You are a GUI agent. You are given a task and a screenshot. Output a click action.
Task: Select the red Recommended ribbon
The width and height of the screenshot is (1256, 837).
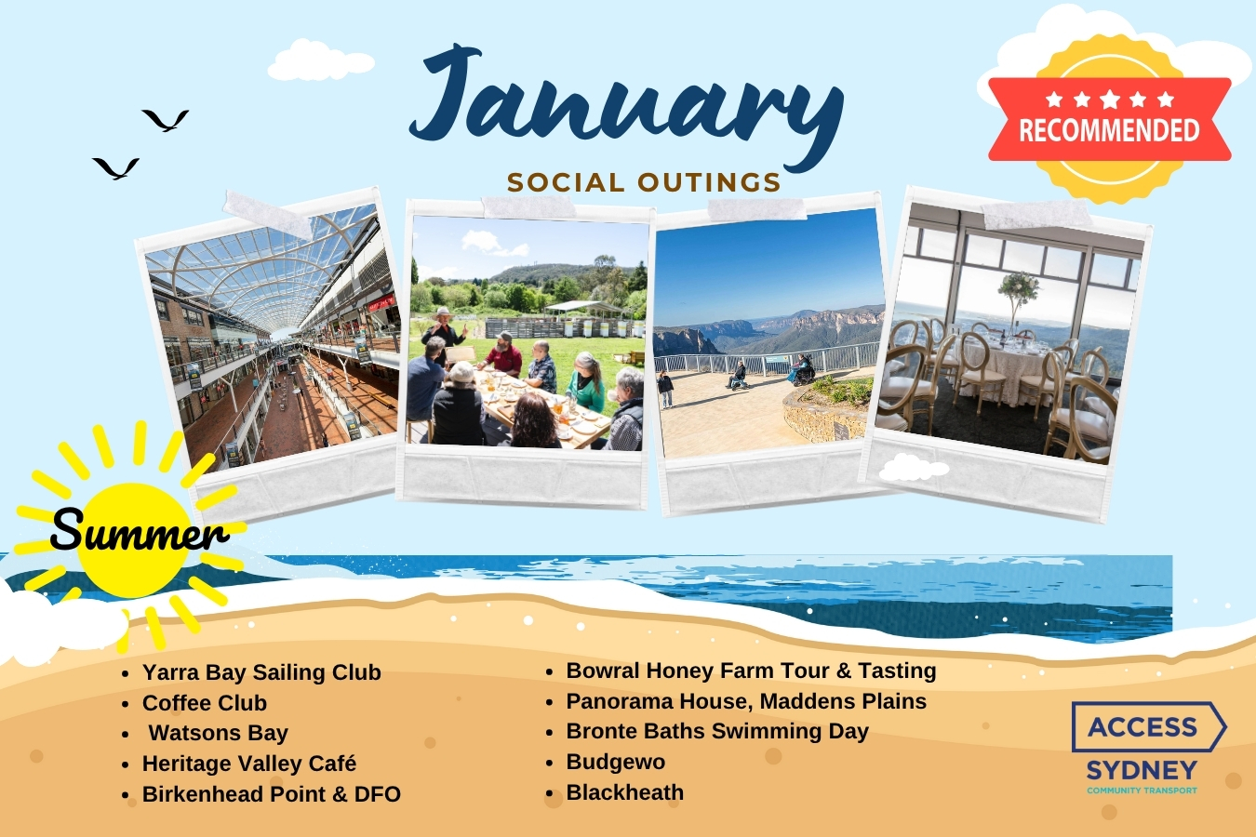click(x=1110, y=119)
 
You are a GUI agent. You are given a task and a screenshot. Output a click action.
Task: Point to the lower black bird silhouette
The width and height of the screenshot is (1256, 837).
click(x=116, y=168)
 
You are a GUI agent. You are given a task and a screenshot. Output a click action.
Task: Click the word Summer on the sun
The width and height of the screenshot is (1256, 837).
click(x=140, y=529)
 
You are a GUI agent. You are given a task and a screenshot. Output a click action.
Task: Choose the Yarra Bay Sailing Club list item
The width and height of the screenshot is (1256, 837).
click(x=261, y=672)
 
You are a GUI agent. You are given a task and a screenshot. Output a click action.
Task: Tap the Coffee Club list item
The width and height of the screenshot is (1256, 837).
click(x=204, y=703)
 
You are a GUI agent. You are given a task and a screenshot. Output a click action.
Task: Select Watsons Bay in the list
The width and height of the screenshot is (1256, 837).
click(x=218, y=733)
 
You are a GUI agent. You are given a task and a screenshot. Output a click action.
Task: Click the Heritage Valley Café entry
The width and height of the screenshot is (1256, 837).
click(x=249, y=764)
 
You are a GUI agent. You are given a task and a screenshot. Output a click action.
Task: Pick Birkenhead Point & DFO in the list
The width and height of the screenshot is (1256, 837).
click(x=272, y=794)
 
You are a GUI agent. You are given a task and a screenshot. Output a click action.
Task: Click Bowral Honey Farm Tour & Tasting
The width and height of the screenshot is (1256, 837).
click(x=751, y=671)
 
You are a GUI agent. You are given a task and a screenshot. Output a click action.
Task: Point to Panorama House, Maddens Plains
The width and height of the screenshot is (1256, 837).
click(x=746, y=701)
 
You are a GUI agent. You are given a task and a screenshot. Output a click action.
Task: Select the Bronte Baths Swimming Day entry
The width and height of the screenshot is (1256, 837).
click(x=717, y=732)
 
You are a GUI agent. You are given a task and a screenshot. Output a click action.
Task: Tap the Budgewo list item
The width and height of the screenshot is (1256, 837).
click(x=615, y=762)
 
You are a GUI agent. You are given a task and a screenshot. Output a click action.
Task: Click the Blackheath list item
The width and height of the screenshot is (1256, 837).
click(x=624, y=792)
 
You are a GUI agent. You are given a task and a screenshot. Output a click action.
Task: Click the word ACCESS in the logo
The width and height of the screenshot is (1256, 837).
click(x=1142, y=727)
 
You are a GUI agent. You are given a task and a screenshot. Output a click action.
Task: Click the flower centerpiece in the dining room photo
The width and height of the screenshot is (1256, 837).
click(x=1018, y=291)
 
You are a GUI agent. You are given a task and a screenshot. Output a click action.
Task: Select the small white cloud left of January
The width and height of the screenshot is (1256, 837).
click(x=321, y=60)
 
